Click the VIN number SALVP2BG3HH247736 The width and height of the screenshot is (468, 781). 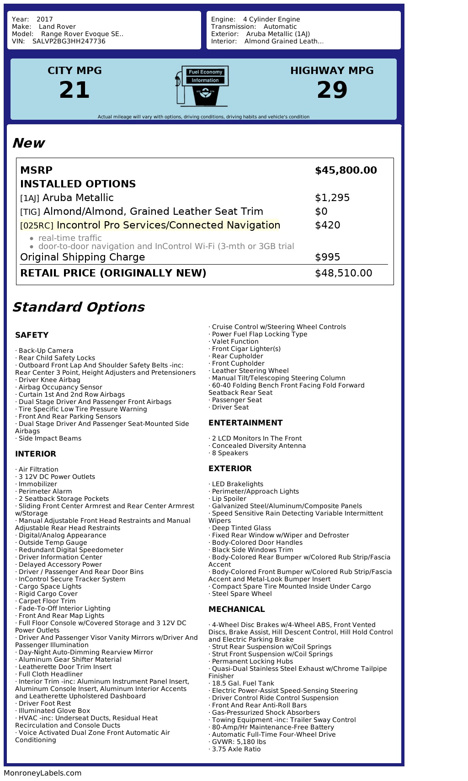[x=69, y=41]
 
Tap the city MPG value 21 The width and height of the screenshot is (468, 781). [x=74, y=90]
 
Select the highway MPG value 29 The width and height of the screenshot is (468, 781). [x=332, y=90]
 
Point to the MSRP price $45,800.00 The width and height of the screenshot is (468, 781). [x=346, y=170]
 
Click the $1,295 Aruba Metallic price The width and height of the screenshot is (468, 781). [x=332, y=198]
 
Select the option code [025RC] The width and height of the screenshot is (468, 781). [x=37, y=226]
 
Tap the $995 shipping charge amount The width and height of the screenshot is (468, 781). [x=327, y=257]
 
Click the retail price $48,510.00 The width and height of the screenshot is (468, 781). [x=343, y=273]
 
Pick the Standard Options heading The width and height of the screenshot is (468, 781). [x=78, y=307]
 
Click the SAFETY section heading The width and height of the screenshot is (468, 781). [x=32, y=335]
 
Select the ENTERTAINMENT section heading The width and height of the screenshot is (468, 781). [x=245, y=423]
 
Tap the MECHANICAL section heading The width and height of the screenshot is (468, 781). [x=236, y=609]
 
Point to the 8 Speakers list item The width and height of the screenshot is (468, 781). [x=229, y=453]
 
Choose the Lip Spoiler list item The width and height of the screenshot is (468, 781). [x=229, y=499]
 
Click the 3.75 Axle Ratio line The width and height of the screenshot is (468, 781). [x=236, y=749]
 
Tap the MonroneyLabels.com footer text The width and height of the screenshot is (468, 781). [x=43, y=773]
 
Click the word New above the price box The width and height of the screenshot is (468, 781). [x=28, y=143]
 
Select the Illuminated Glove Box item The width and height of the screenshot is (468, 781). [x=54, y=711]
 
